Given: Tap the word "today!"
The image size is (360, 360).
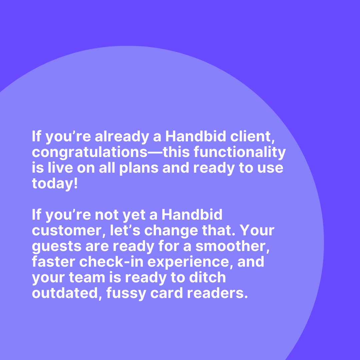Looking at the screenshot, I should click(x=55, y=184).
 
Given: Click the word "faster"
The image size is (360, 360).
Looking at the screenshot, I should click(x=53, y=262).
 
